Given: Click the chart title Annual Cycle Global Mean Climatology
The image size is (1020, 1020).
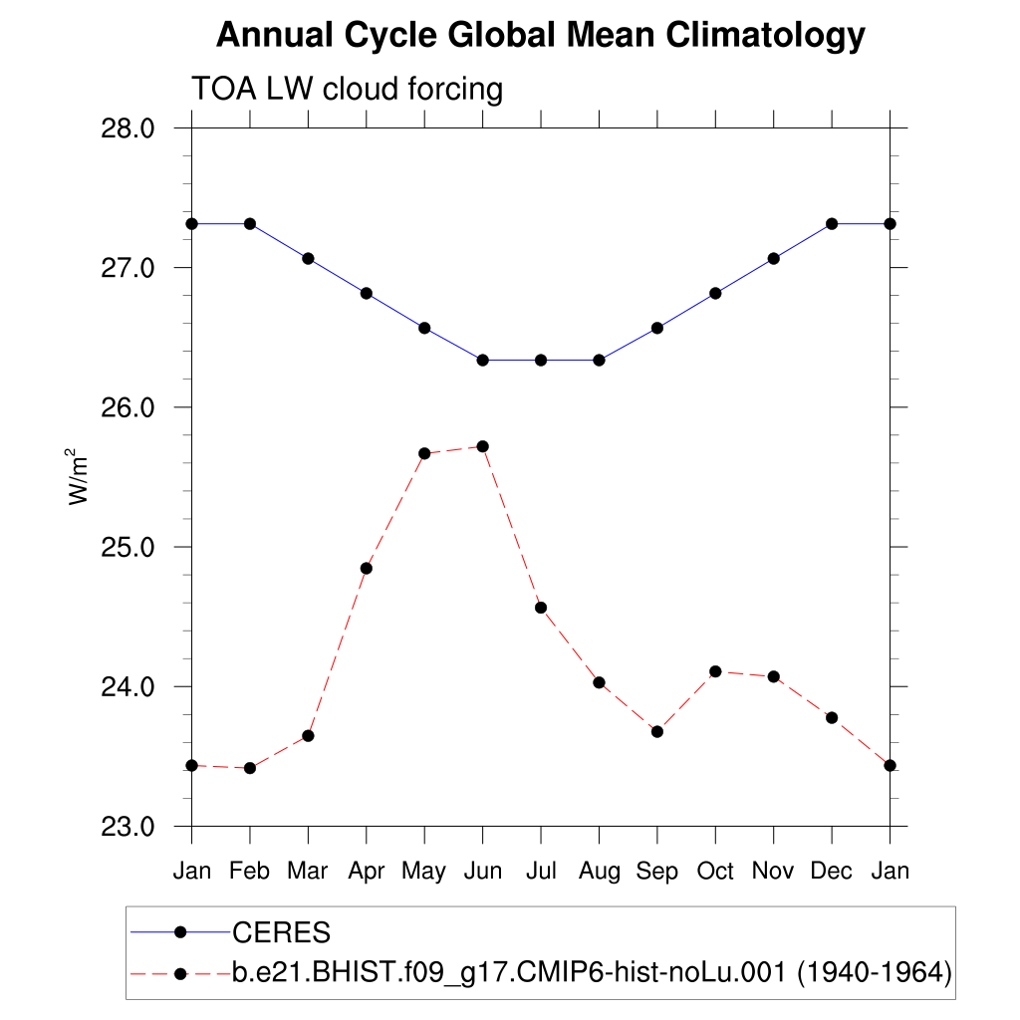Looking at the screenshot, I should pos(540,36).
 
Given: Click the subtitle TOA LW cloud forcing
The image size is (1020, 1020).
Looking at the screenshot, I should pos(347,90).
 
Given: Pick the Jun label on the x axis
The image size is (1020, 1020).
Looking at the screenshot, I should pos(483,872).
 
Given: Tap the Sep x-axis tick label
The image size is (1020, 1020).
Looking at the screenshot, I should pos(657,872).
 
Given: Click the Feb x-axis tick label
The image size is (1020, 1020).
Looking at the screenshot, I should pos(250,872).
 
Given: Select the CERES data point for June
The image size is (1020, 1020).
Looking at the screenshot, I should pos(483,360).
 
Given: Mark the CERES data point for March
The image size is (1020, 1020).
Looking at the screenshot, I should pos(309,258).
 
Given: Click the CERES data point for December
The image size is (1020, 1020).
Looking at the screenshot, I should pos(832,223).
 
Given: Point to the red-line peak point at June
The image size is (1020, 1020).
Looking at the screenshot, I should pos(483,446).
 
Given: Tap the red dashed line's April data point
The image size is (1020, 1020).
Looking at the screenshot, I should pos(367,568).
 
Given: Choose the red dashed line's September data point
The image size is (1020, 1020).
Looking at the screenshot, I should pos(657,731).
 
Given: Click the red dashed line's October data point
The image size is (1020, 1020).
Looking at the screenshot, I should pos(715,671).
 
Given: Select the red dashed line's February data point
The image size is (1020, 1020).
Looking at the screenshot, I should pos(250,768).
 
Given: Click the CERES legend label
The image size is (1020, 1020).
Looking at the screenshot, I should pos(281,933).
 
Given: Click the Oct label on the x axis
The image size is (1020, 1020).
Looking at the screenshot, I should pos(715,872).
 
